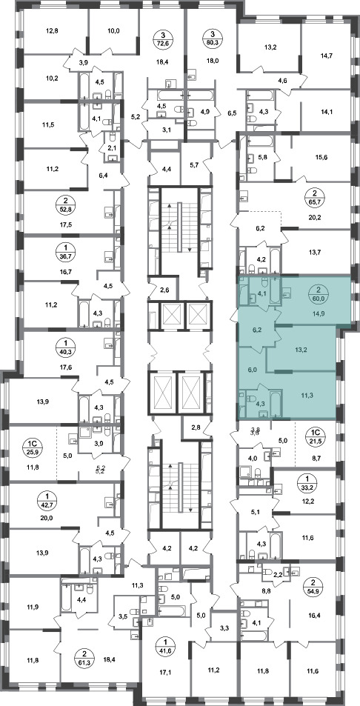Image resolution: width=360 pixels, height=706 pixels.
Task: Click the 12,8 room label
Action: pos(52,32)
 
